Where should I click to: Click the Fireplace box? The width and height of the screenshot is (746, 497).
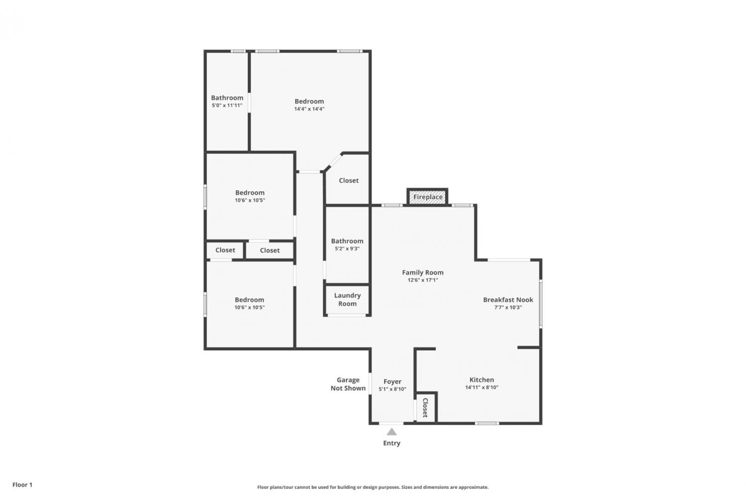[427, 197]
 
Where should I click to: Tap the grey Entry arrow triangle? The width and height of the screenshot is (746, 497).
[392, 432]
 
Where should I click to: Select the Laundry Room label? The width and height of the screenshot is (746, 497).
[347, 300]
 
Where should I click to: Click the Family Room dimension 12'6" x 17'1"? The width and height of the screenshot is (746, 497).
[423, 280]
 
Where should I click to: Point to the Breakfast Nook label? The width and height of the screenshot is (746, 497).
[508, 300]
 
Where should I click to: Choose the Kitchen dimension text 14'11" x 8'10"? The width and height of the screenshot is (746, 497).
[481, 388]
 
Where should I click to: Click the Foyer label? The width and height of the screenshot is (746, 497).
[392, 382]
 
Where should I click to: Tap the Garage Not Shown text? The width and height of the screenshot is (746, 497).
[348, 384]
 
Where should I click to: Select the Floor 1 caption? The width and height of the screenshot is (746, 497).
[22, 485]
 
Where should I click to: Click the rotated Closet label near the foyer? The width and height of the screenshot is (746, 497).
[425, 408]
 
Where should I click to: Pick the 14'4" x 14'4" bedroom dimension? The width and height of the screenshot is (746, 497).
[309, 109]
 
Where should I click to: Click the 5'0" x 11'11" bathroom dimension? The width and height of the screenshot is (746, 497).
[227, 105]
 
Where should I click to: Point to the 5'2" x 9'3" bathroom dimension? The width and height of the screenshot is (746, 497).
[347, 248]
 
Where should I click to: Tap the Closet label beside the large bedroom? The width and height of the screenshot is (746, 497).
[349, 180]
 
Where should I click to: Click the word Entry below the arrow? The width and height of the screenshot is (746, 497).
[392, 443]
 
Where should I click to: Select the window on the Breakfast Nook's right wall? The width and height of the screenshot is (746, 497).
[541, 304]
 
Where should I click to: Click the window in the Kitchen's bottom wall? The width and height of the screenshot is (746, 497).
[487, 423]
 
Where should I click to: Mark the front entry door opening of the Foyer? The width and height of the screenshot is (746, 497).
[391, 423]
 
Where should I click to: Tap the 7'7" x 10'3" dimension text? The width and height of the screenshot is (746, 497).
[508, 308]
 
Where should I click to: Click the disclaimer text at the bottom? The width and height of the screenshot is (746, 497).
[373, 488]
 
